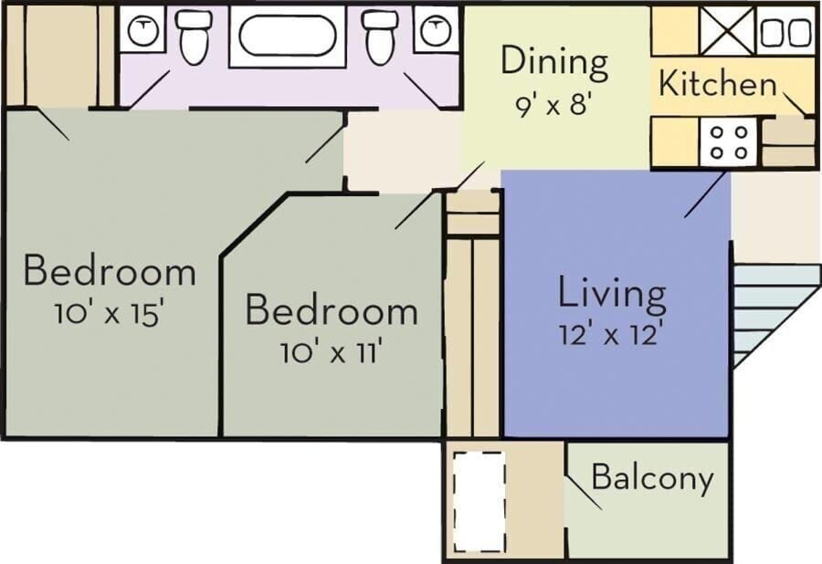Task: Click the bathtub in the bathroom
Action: pos(288,37)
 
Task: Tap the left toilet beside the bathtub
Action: pos(194,37)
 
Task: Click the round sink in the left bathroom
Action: pos(143,31)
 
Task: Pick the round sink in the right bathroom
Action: pos(435,31)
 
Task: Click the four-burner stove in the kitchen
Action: pos(728,142)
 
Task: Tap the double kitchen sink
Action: pos(785,31)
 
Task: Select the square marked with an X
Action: pos(727,31)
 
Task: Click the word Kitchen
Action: pos(717,83)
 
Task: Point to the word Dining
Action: pos(554,62)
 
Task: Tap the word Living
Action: pos(611,293)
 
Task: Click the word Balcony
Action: pos(653,477)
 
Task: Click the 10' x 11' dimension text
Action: pos(331,352)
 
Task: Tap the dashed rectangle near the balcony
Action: pos(479,502)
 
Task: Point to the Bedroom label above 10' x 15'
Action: pos(110,270)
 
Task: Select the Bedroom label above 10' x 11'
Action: pos(332,310)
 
